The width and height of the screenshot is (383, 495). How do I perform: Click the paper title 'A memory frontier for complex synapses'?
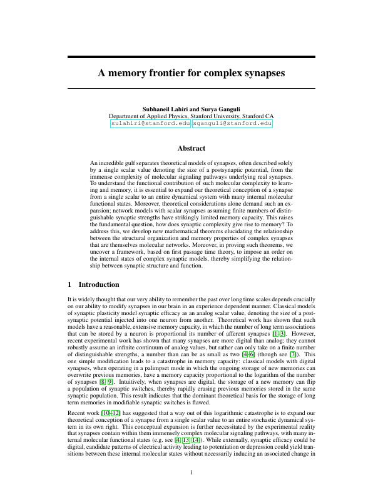click(x=191, y=72)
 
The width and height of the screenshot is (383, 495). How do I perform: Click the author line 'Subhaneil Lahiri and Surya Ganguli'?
click(x=191, y=109)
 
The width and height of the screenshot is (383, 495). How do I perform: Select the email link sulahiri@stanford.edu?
click(x=150, y=124)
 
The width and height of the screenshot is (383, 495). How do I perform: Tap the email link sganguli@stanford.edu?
click(x=232, y=124)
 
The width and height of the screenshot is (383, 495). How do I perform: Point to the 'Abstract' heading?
click(x=191, y=148)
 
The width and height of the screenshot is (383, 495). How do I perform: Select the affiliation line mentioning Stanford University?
click(x=191, y=116)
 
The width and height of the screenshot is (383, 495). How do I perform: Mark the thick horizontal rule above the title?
click(x=191, y=57)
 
